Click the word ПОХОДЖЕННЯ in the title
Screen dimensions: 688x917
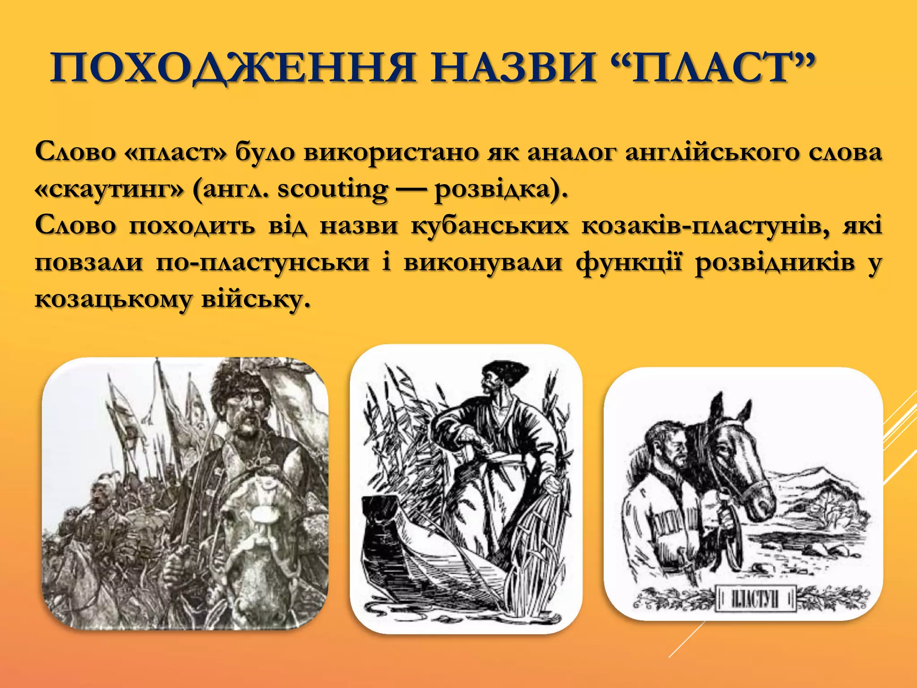tap(233, 68)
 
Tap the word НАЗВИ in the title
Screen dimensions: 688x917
tap(513, 68)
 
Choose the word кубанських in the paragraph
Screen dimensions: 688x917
tap(490, 225)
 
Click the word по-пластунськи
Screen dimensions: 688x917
tap(263, 262)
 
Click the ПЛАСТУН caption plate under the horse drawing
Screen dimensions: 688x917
tap(756, 598)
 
